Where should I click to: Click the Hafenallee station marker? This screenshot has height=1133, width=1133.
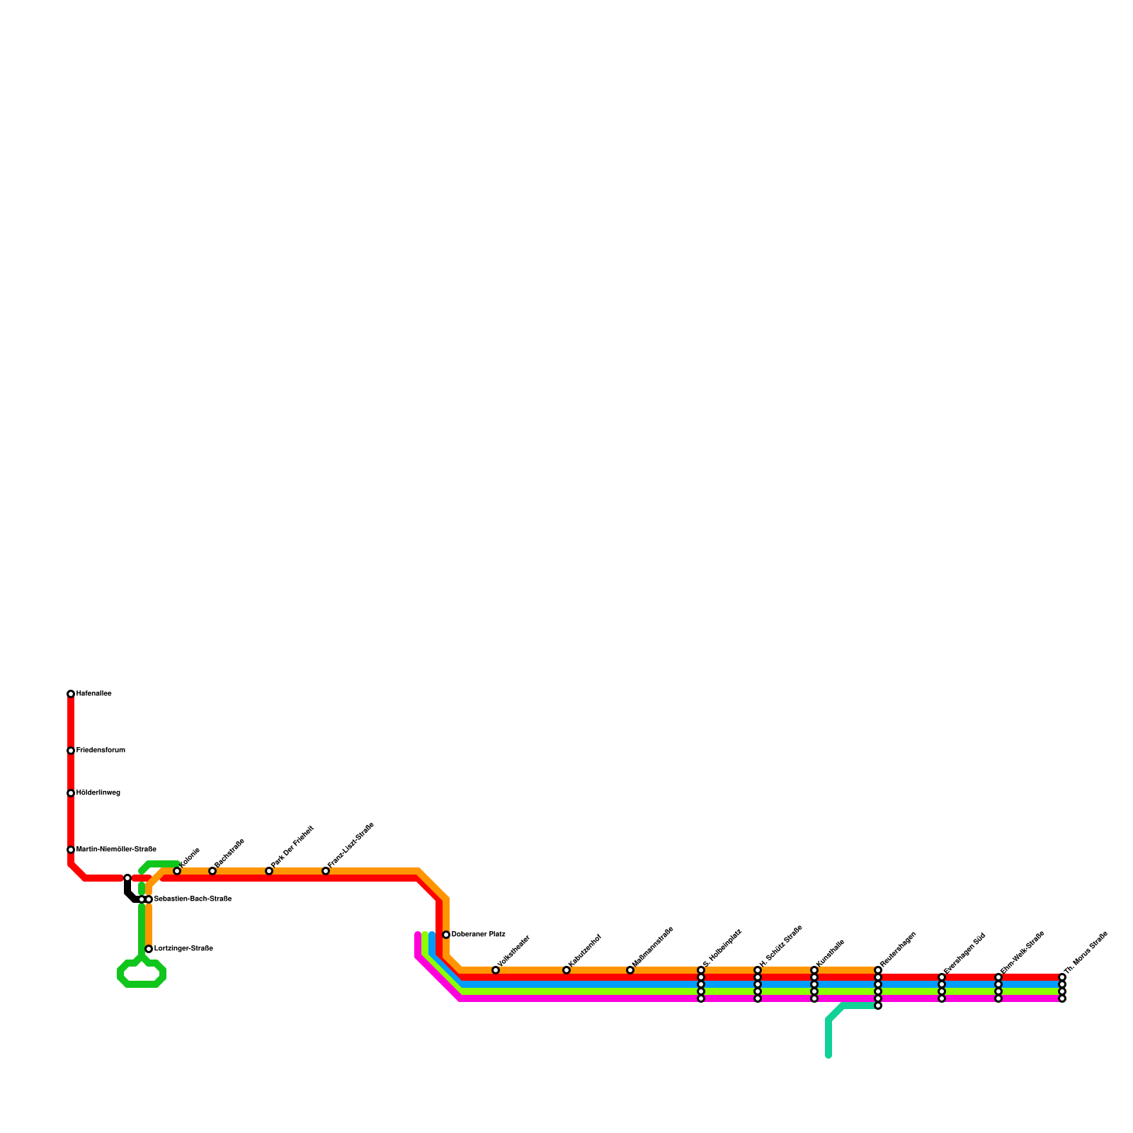(x=71, y=694)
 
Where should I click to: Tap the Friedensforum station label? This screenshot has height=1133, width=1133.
(x=101, y=751)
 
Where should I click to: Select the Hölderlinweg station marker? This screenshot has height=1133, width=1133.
(x=71, y=793)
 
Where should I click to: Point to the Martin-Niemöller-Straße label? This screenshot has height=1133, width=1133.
(x=116, y=850)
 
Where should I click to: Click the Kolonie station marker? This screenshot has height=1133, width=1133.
(x=177, y=871)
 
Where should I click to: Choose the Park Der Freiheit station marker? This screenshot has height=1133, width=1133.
(x=269, y=871)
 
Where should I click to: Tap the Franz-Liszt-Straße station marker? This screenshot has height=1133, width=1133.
(x=326, y=871)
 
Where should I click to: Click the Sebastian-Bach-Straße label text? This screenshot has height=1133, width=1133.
(x=193, y=899)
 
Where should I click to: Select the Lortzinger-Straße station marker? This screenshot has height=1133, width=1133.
(x=149, y=949)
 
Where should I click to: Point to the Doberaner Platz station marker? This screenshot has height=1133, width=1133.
(x=446, y=935)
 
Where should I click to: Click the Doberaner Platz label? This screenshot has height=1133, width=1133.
(x=478, y=935)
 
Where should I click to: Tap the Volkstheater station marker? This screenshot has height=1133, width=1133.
(x=496, y=970)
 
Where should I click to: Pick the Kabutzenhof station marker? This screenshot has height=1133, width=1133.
(x=566, y=970)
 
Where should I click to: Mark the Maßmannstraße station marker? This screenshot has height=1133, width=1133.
(x=630, y=970)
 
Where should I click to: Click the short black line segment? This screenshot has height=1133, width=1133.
(x=128, y=891)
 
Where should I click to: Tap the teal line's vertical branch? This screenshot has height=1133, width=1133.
(x=829, y=1037)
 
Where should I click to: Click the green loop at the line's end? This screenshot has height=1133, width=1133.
(x=142, y=975)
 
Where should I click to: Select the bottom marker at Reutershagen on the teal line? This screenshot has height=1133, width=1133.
(x=878, y=1006)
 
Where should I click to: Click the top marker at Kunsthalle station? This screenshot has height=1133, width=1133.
(x=814, y=970)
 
